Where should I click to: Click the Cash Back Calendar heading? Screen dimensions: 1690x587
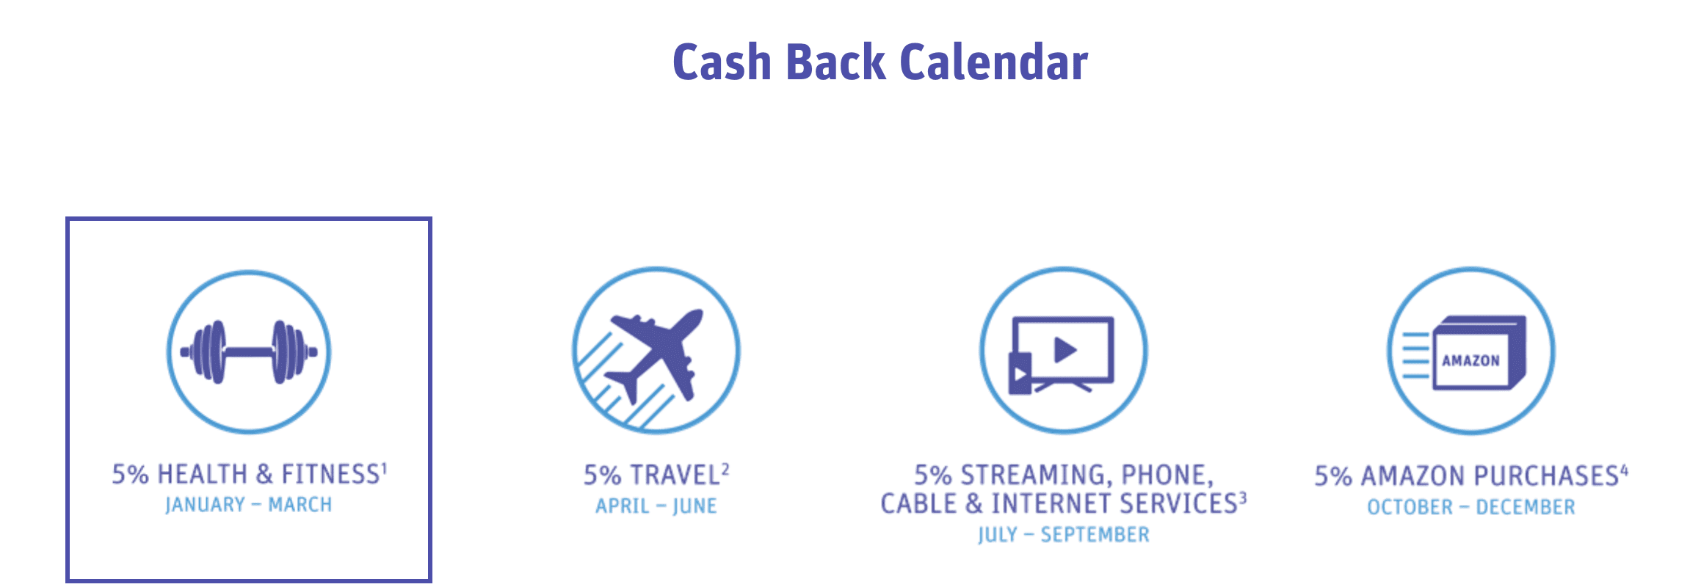pyautogui.click(x=880, y=62)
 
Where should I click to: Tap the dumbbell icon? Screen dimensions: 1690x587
pyautogui.click(x=249, y=352)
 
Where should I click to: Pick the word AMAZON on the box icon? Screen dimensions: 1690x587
pyautogui.click(x=1470, y=360)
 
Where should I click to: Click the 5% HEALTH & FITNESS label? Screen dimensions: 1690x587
pyautogui.click(x=249, y=474)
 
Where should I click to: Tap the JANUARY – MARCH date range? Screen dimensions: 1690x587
pyautogui.click(x=249, y=505)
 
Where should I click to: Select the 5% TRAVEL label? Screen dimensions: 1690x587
pyautogui.click(x=656, y=475)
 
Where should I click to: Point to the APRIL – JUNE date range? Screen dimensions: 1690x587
pyautogui.click(x=656, y=506)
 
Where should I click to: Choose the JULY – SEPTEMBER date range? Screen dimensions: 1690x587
pyautogui.click(x=1064, y=535)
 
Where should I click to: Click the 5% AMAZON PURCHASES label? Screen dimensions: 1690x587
pyautogui.click(x=1470, y=475)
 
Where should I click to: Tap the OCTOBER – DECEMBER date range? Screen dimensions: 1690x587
pyautogui.click(x=1470, y=507)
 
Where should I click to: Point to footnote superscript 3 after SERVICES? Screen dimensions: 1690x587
pyautogui.click(x=1243, y=497)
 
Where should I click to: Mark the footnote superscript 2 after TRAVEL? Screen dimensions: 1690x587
pyautogui.click(x=725, y=469)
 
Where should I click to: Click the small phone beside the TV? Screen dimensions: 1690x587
pyautogui.click(x=1020, y=373)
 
